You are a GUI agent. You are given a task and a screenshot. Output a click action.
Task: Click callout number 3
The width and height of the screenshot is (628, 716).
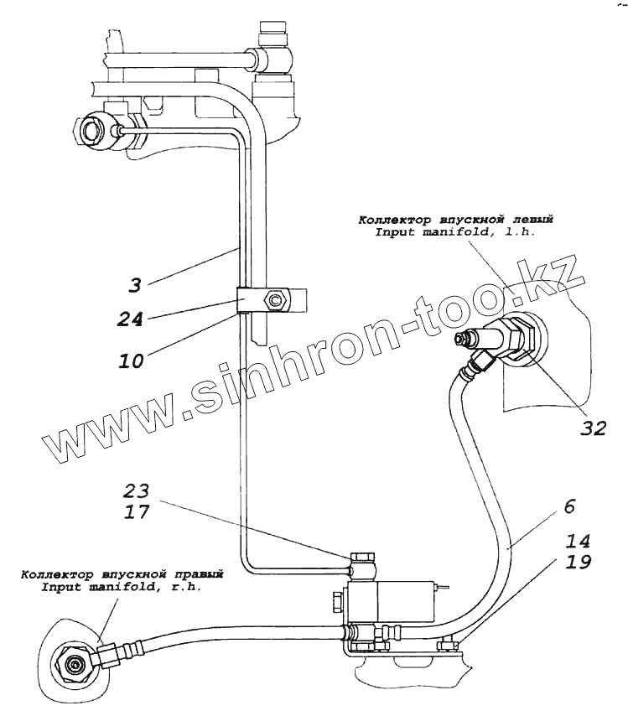[135, 285]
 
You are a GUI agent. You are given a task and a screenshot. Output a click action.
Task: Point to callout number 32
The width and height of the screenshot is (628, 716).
[592, 428]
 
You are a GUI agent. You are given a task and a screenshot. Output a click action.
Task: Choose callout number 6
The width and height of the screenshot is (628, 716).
[568, 506]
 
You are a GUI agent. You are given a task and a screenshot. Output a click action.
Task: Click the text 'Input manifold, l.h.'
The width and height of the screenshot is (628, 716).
[455, 233]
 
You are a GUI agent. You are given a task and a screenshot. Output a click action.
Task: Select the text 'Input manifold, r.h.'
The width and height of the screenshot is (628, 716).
[123, 588]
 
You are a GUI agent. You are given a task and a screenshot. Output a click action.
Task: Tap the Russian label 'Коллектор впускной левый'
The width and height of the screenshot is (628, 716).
[456, 221]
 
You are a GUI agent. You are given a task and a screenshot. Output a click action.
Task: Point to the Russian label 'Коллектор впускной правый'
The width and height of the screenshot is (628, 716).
[123, 575]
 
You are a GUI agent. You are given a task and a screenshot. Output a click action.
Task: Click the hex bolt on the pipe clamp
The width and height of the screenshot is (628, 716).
[273, 299]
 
